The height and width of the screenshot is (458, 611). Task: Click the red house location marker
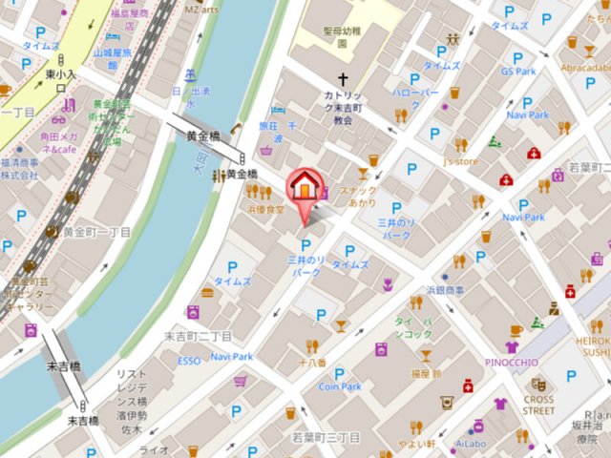click(x=304, y=185)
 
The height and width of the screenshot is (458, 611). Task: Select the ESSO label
click(x=189, y=361)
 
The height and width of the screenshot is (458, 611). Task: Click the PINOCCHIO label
click(x=513, y=363)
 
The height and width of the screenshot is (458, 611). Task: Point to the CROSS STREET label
click(x=538, y=406)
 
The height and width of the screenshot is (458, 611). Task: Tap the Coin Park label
click(x=340, y=386)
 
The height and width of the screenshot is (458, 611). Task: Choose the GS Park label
click(x=518, y=72)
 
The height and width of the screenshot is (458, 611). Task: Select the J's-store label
click(x=460, y=161)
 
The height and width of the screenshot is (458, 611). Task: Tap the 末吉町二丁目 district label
click(x=198, y=337)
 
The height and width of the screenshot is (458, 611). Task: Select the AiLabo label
click(x=471, y=444)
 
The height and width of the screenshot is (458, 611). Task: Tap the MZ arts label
click(x=200, y=9)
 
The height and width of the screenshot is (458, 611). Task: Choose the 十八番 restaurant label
click(x=311, y=363)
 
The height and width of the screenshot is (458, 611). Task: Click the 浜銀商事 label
click(x=444, y=289)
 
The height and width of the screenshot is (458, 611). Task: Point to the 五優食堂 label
click(x=265, y=209)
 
